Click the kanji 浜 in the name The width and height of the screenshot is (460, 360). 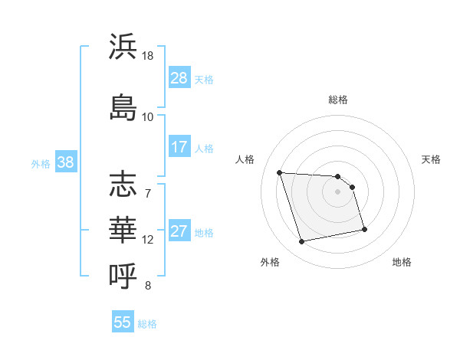(x=123, y=47)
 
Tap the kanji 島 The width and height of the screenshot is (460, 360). (x=123, y=106)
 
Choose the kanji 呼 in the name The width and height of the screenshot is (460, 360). (x=123, y=273)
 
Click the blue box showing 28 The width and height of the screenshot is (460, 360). (x=179, y=78)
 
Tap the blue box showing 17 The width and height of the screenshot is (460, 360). (x=179, y=147)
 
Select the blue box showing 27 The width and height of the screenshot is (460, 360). (x=179, y=232)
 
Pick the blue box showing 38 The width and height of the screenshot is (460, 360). (x=65, y=162)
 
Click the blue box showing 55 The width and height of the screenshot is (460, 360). (x=123, y=322)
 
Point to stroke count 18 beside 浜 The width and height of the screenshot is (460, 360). (x=148, y=57)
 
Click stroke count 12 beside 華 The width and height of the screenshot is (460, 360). (x=148, y=240)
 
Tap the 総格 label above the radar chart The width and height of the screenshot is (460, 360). (x=338, y=100)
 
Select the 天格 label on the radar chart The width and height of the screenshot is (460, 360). (x=431, y=159)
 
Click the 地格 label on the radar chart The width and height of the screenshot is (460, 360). (x=402, y=262)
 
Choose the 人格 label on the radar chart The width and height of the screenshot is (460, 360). (x=245, y=159)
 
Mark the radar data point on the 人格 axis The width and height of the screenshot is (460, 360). (x=280, y=172)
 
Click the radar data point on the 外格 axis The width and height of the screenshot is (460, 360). (x=302, y=241)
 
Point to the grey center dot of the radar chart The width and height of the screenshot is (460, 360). (x=338, y=191)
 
